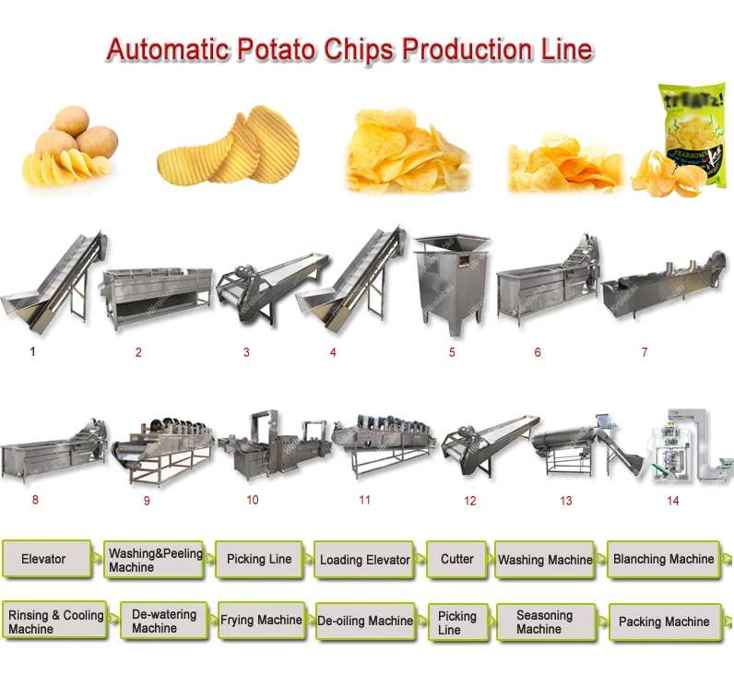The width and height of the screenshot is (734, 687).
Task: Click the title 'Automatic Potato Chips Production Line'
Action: [349, 49]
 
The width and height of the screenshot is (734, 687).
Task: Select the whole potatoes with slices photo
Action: [67, 146]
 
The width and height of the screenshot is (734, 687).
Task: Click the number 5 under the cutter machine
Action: [452, 352]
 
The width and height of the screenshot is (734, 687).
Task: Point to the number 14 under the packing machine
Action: [672, 501]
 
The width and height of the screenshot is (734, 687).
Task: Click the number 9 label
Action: [147, 501]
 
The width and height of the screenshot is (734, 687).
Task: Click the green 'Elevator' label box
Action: [46, 560]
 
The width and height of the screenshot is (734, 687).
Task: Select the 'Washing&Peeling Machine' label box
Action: [154, 561]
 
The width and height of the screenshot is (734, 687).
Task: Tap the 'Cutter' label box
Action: [457, 560]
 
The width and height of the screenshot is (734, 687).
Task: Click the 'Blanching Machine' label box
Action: [663, 560]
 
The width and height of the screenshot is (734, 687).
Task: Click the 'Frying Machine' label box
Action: [261, 622]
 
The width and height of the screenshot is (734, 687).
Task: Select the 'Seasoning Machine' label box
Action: [545, 622]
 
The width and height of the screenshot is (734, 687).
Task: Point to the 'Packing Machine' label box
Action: [664, 622]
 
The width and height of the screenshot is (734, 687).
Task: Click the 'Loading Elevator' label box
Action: [365, 560]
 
